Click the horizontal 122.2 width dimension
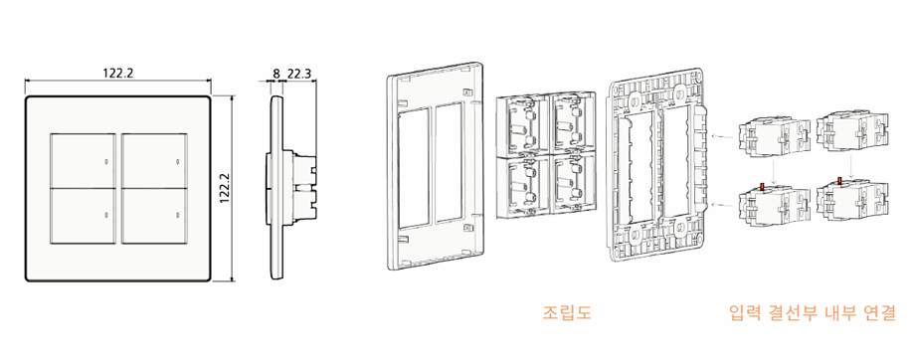118,73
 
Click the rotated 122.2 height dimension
226,189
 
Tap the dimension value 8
275,73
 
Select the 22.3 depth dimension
299,73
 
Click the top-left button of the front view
84,160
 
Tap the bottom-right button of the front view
154,215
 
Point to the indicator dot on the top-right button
177,160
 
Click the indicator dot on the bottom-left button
106,216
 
